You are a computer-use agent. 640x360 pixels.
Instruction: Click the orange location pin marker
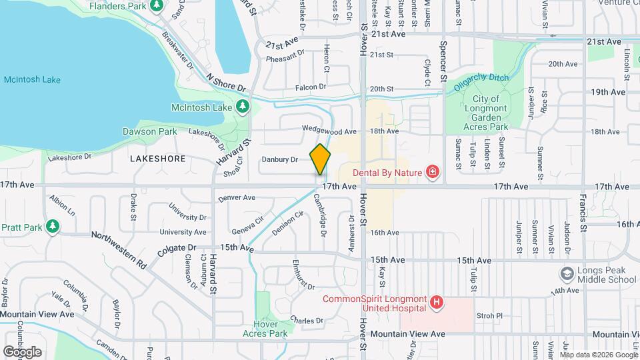coord(321,160)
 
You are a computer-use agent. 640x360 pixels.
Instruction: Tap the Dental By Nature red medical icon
coord(433,173)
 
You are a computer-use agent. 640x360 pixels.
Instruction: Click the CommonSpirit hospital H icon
coord(437,303)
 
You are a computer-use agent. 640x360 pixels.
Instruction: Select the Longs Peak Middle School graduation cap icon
coord(567,273)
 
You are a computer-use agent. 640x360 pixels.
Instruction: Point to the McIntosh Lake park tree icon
coord(243,107)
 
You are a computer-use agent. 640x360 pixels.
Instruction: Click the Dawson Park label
coord(149,132)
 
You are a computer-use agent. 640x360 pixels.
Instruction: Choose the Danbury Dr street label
coord(279,159)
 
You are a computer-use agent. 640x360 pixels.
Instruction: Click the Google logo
coord(22,351)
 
